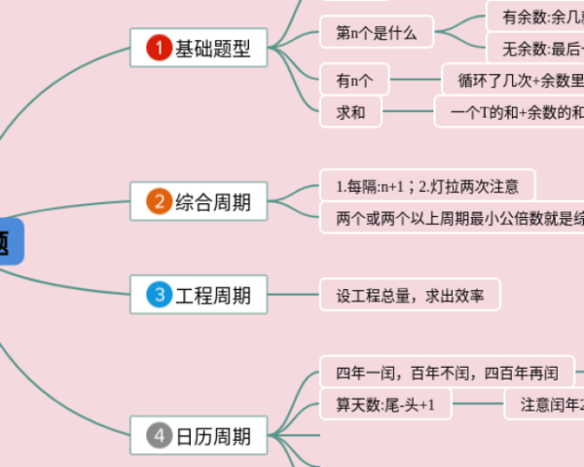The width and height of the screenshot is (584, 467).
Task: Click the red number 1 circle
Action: [x=159, y=49]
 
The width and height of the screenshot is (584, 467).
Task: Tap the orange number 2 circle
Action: [x=159, y=202]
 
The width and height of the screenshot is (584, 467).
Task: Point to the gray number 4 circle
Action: [x=159, y=436]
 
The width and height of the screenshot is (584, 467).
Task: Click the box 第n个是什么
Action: [x=377, y=33]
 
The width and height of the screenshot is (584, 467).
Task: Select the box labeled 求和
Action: [x=351, y=112]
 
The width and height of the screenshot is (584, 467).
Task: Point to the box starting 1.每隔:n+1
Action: [x=427, y=185]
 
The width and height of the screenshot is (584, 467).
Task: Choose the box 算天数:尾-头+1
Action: [x=385, y=404]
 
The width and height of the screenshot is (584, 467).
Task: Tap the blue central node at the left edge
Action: [x=9, y=241]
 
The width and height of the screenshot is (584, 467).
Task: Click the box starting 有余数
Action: [x=536, y=17]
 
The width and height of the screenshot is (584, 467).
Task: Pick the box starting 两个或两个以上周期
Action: [x=453, y=217]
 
